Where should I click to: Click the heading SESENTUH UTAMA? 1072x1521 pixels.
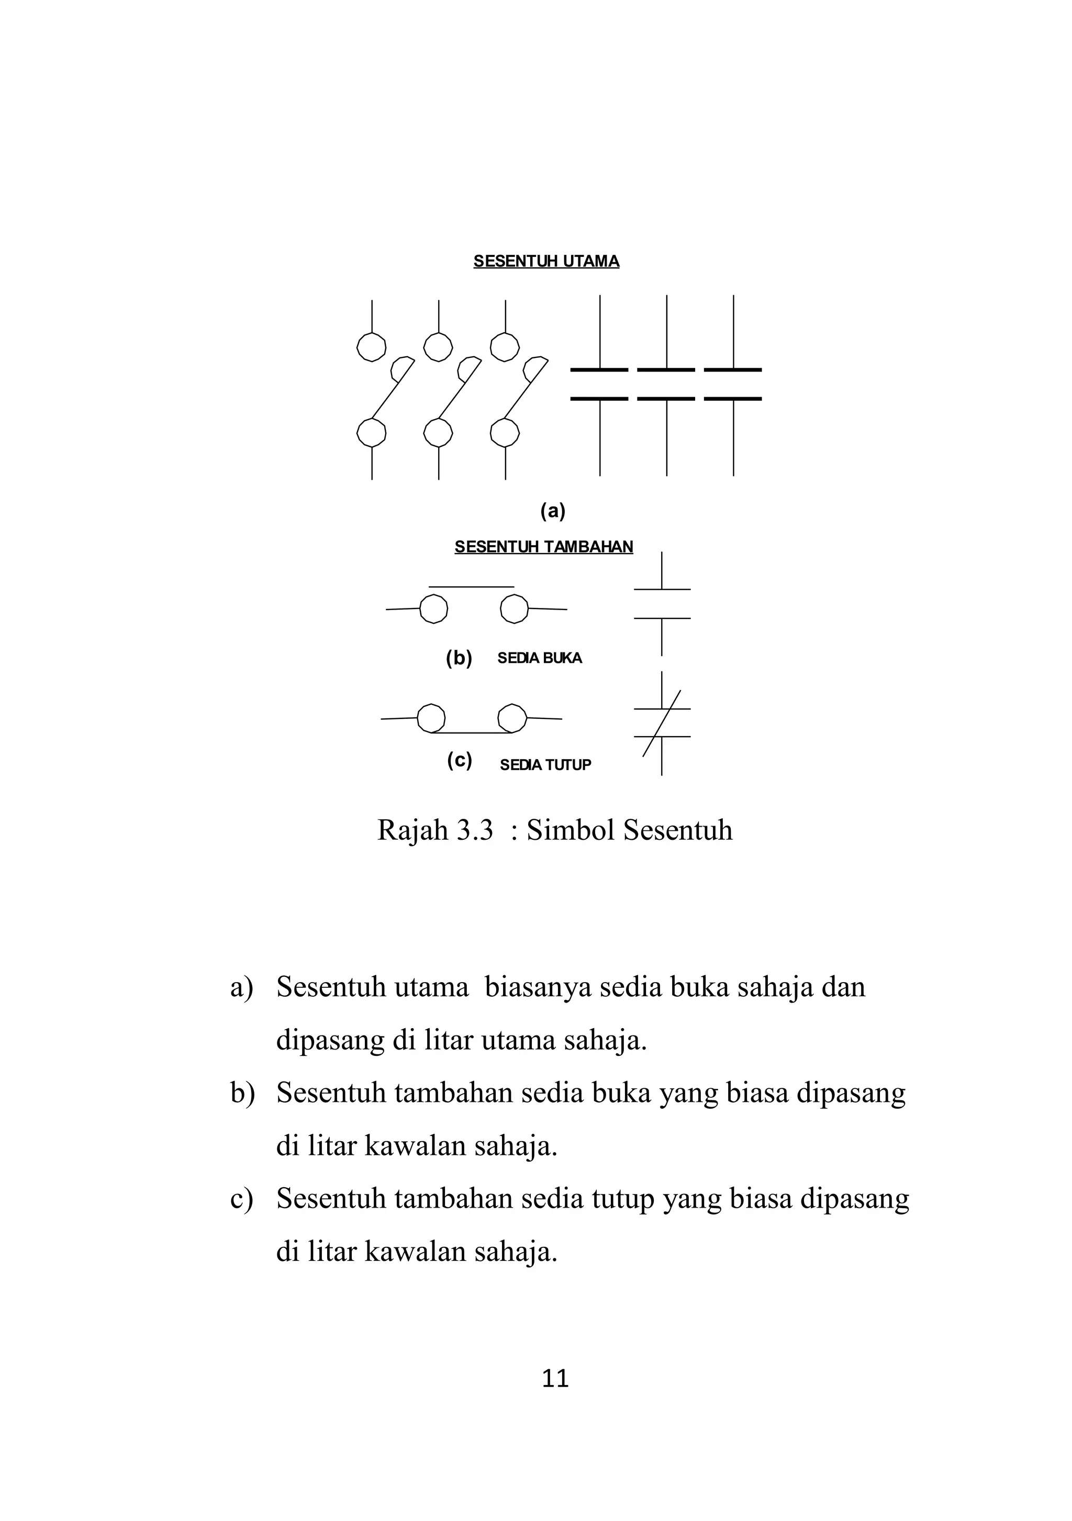point(546,261)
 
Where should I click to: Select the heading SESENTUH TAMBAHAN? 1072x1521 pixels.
point(543,547)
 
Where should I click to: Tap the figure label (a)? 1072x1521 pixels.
point(553,511)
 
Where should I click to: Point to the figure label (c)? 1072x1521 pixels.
point(459,761)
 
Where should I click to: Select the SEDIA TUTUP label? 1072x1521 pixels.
point(545,764)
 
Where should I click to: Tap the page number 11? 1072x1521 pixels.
point(555,1379)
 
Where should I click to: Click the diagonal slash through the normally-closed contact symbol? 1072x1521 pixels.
point(661,724)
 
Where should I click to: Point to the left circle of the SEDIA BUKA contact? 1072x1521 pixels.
point(434,609)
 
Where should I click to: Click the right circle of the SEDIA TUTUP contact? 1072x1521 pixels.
point(511,717)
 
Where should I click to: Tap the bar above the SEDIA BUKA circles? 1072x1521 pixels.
point(471,587)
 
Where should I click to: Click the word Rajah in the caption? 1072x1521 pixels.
point(412,830)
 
